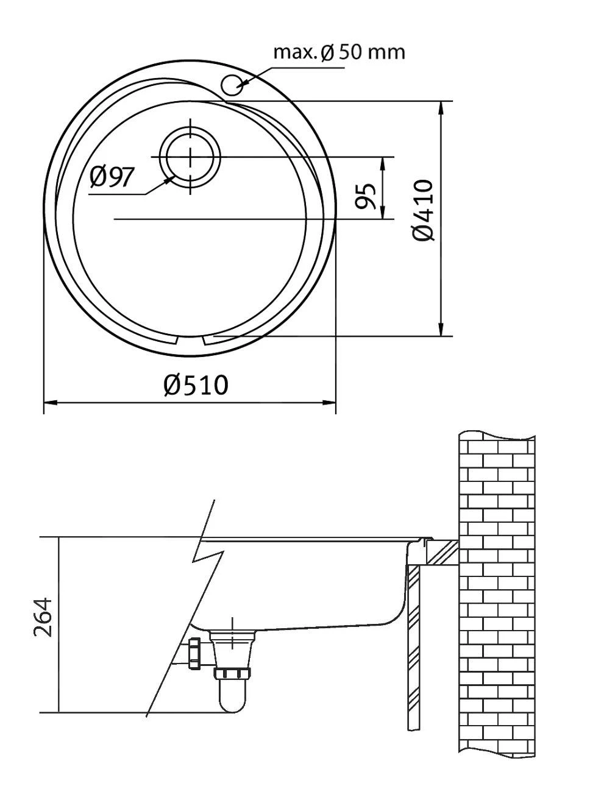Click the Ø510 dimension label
196,384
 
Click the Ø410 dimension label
424,210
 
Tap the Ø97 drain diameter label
112,177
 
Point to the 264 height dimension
43,617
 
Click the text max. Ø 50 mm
339,52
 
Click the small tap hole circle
232,85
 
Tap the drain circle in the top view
190,156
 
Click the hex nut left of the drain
196,654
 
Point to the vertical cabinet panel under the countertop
413,646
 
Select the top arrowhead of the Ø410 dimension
441,107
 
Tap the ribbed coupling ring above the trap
232,673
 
